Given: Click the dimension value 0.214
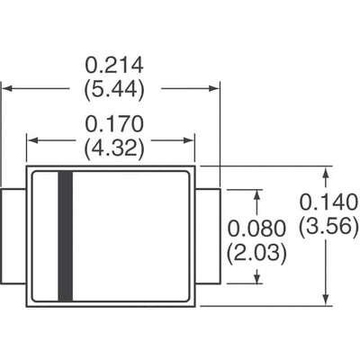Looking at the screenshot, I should [114, 66].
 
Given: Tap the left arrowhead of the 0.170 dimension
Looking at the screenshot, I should [32, 139].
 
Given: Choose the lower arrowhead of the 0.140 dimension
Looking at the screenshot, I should [324, 300].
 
